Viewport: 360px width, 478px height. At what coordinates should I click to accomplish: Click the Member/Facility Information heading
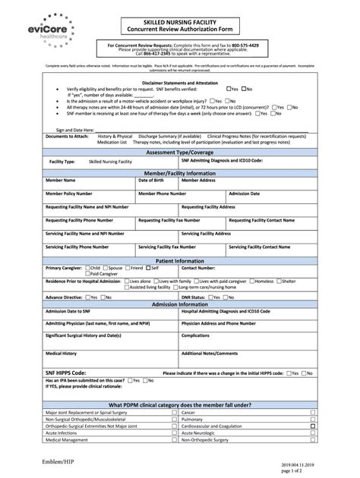coord(179,173)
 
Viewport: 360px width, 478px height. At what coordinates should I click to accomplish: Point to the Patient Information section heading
coord(179,260)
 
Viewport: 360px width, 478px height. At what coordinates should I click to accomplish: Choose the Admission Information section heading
coord(179,303)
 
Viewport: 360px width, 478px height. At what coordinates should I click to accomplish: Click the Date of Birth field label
coord(150,181)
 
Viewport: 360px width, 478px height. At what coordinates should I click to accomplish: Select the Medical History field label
coord(61,353)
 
